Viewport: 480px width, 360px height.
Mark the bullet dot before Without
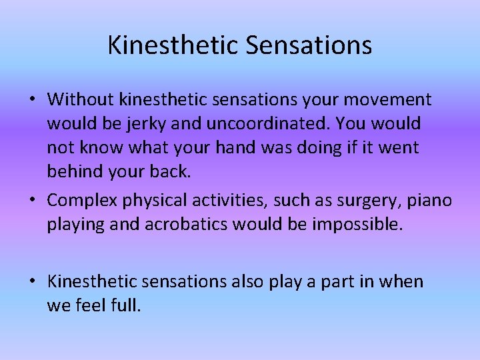tap(32, 101)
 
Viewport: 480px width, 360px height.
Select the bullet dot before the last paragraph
tap(32, 282)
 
